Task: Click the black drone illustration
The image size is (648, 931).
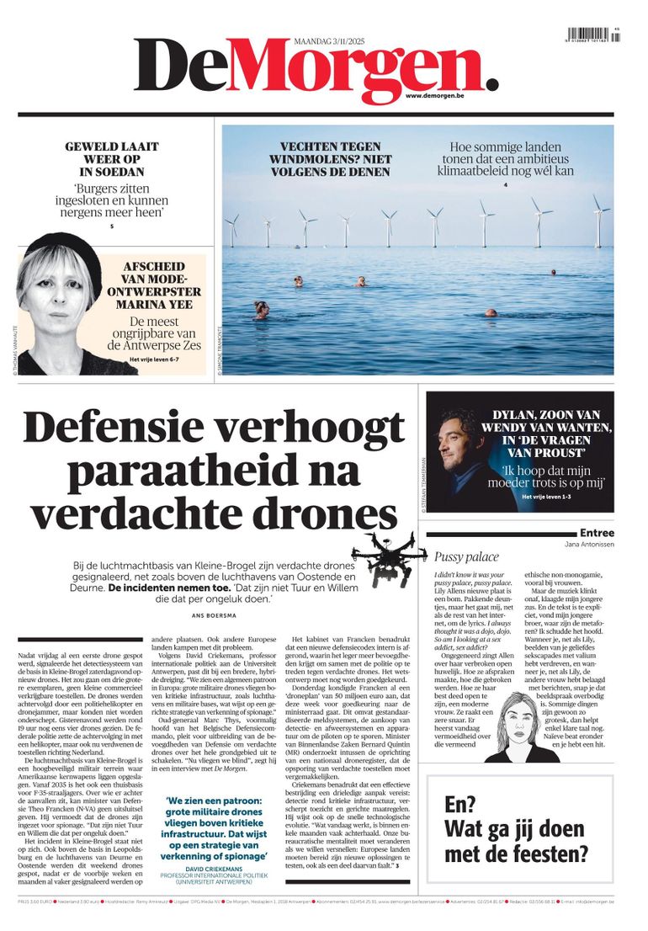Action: (x=394, y=556)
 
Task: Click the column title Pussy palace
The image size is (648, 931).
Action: (x=466, y=557)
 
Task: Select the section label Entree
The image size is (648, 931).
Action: (x=597, y=533)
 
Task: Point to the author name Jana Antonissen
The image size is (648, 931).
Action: (x=589, y=545)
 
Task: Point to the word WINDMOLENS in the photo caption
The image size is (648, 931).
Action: (x=342, y=159)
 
